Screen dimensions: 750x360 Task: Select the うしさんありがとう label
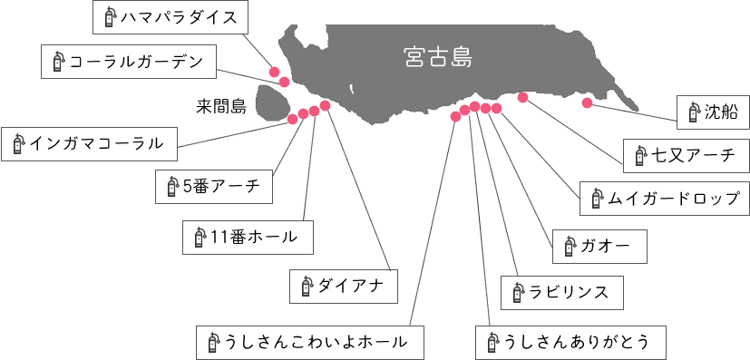[x=570, y=342]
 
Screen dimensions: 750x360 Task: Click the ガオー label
[x=599, y=245]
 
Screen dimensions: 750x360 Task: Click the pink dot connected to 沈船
[x=588, y=102]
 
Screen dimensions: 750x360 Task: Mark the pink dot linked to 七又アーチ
[x=522, y=98]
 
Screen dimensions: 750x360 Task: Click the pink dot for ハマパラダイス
[x=274, y=71]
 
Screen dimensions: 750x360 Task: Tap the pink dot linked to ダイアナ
[x=326, y=106]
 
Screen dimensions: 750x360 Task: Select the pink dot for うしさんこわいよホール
[x=455, y=116]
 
